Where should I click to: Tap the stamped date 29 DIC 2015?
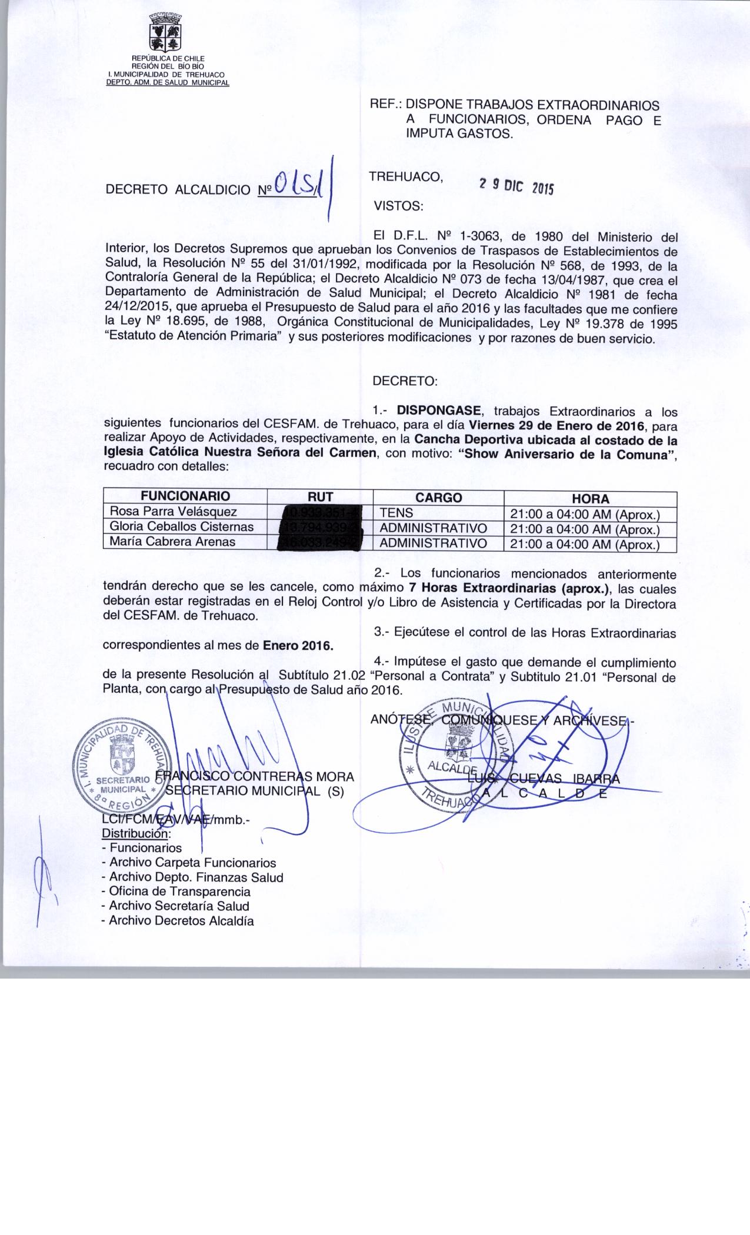click(x=516, y=185)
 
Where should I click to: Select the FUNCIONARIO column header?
click(x=185, y=496)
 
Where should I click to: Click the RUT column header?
click(x=320, y=497)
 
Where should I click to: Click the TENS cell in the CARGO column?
click(x=397, y=513)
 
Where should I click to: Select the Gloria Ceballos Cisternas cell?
click(x=182, y=527)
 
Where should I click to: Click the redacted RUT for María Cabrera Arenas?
click(x=320, y=542)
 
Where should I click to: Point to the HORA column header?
click(x=590, y=499)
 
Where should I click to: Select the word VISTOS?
click(x=398, y=206)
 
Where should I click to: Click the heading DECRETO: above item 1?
click(x=405, y=380)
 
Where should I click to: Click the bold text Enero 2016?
click(x=298, y=645)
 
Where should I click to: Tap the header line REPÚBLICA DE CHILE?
click(x=167, y=58)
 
